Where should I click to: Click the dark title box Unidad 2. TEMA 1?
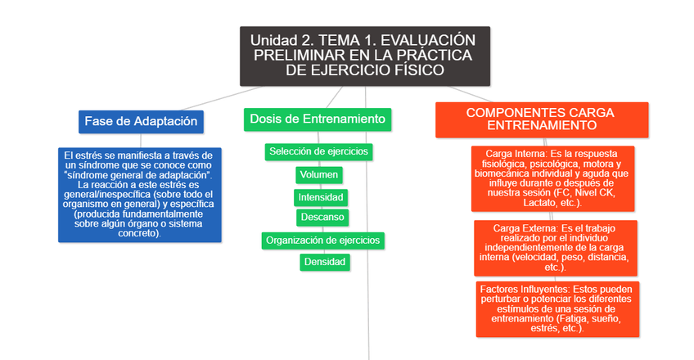pos(364,56)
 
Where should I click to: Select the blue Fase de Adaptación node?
pos(141,121)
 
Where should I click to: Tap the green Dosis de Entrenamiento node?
pos(318,119)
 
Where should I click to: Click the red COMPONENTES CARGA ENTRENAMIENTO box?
pos(541,119)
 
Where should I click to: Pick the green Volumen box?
pos(319,174)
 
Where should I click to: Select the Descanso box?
pos(322,217)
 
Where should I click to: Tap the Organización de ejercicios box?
pos(322,241)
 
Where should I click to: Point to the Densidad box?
pos(325,262)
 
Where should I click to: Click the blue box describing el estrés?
pos(140,194)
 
